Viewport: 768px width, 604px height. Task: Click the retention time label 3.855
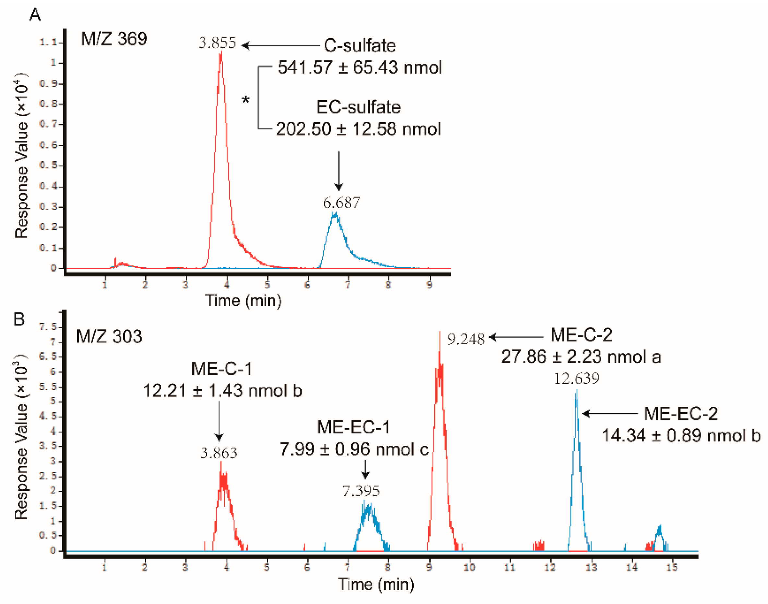pyautogui.click(x=217, y=43)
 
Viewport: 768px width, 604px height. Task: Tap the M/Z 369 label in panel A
pyautogui.click(x=114, y=39)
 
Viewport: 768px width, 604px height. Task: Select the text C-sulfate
pyautogui.click(x=360, y=46)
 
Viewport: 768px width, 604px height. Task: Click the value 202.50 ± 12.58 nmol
pyautogui.click(x=358, y=129)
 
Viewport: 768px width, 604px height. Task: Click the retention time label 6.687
pyautogui.click(x=341, y=203)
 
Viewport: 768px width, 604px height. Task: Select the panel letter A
pyautogui.click(x=35, y=15)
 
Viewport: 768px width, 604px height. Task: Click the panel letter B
pyautogui.click(x=19, y=319)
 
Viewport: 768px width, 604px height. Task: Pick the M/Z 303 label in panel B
pyautogui.click(x=109, y=336)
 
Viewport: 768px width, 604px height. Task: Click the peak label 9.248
pyautogui.click(x=466, y=340)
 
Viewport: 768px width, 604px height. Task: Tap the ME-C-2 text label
pyautogui.click(x=581, y=335)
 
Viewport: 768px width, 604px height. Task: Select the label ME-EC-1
pyautogui.click(x=354, y=428)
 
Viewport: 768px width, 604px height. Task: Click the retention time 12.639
pyautogui.click(x=576, y=379)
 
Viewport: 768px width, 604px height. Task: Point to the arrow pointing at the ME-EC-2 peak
pyautogui.click(x=610, y=413)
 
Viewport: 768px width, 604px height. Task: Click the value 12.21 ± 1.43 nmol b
pyautogui.click(x=222, y=391)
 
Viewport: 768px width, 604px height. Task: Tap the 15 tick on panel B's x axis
pyautogui.click(x=672, y=567)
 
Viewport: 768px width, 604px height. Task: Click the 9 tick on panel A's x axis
pyautogui.click(x=429, y=285)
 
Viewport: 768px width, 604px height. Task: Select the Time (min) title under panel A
pyautogui.click(x=243, y=301)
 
